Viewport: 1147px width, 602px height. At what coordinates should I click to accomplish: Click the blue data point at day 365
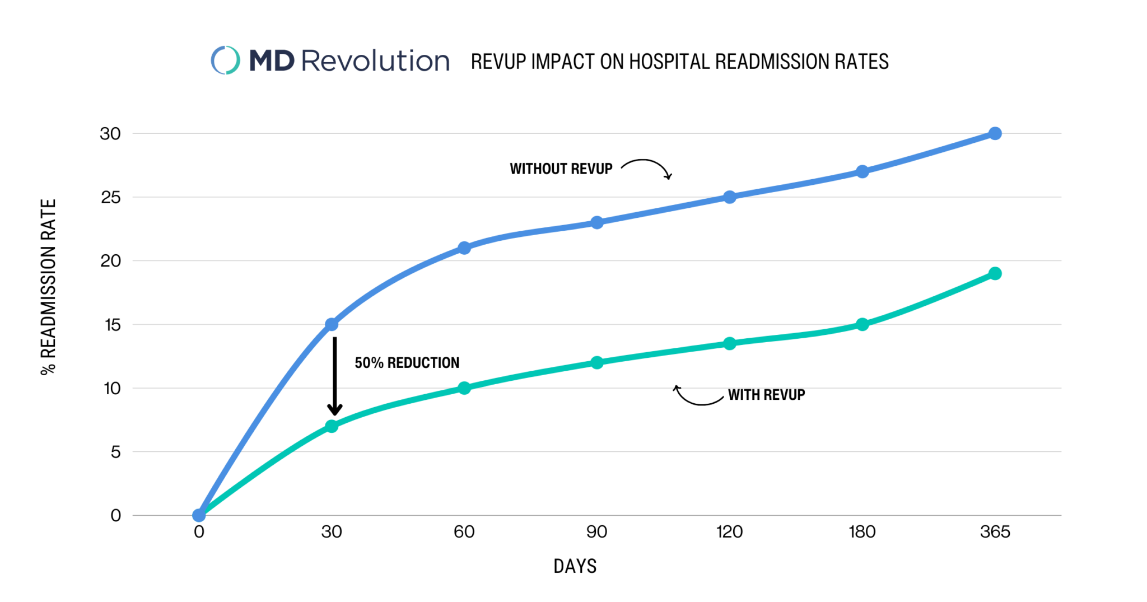click(995, 133)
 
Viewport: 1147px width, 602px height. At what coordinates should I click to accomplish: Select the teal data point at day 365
click(995, 273)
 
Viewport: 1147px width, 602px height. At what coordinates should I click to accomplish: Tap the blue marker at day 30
click(332, 324)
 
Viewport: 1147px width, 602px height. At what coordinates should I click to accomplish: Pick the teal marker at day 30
click(332, 426)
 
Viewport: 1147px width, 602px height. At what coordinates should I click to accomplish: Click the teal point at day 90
click(597, 362)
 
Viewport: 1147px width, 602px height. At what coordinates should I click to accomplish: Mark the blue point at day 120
click(729, 197)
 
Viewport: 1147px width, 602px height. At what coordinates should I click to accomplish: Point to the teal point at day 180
click(862, 324)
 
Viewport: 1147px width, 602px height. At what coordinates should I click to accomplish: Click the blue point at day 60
click(464, 248)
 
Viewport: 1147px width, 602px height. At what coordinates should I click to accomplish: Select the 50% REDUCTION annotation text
click(407, 363)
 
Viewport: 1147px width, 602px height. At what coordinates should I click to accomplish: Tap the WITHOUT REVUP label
click(561, 169)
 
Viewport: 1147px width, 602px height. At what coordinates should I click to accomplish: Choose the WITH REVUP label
click(766, 395)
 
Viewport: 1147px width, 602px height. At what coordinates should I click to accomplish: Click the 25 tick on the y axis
click(111, 197)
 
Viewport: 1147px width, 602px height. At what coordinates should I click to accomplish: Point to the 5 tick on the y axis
click(115, 452)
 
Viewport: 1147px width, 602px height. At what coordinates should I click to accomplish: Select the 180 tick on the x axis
click(862, 531)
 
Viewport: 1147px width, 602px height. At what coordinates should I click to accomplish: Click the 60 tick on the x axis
click(464, 531)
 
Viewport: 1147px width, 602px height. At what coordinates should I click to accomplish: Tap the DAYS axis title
click(575, 566)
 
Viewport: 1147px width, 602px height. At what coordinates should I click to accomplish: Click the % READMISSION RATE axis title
click(49, 287)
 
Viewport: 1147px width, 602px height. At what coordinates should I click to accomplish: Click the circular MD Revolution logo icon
click(225, 60)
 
